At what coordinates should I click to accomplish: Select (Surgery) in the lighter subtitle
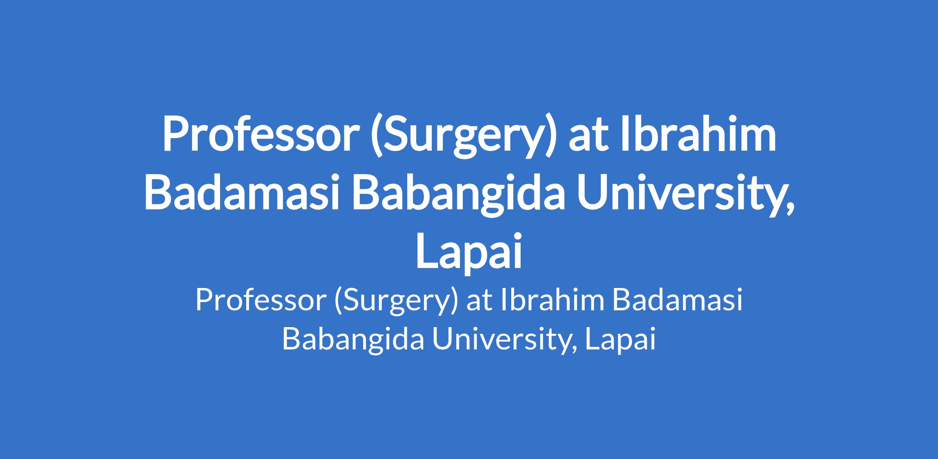pos(396,302)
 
